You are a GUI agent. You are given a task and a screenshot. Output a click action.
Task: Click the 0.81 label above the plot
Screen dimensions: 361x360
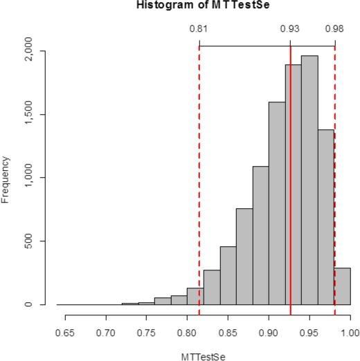click(x=199, y=29)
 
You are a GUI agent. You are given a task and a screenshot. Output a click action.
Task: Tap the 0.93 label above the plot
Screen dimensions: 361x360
click(x=289, y=29)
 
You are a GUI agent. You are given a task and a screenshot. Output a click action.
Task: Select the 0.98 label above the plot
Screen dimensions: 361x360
click(x=334, y=29)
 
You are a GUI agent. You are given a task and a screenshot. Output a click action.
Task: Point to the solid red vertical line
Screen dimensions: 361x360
click(x=290, y=173)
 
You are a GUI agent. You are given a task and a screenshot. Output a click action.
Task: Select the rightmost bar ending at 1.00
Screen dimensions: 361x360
click(x=342, y=286)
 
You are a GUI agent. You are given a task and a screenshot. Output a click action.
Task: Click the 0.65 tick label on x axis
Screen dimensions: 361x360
click(x=65, y=331)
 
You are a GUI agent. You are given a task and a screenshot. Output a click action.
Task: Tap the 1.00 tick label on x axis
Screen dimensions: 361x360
click(x=350, y=331)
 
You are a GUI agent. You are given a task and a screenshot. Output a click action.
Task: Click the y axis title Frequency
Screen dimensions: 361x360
click(x=6, y=179)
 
